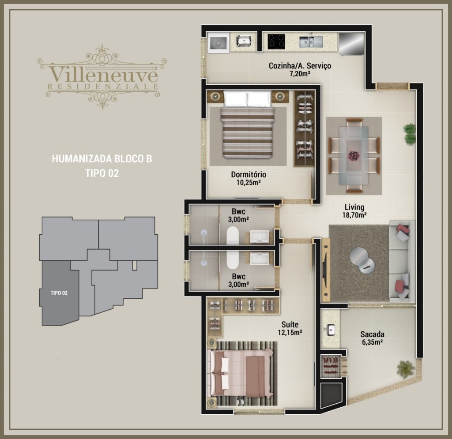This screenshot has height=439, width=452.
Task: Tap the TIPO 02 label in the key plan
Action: click(59, 293)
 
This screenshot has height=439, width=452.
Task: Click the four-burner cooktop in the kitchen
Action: click(276, 42)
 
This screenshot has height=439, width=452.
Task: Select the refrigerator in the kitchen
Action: click(351, 44)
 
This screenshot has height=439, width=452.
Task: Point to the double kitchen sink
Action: click(311, 41)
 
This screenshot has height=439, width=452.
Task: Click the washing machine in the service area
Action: click(218, 43)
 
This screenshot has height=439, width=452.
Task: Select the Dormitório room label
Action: click(249, 175)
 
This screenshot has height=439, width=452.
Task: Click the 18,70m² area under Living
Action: click(354, 215)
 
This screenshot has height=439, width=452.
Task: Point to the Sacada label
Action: click(372, 334)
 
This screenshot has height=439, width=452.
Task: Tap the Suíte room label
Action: click(290, 324)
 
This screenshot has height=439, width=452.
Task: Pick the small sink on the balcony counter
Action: click(331, 330)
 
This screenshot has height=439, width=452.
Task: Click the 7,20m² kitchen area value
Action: click(300, 74)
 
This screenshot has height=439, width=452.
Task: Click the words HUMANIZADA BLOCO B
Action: click(102, 159)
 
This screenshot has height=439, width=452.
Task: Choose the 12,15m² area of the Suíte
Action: click(290, 332)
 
